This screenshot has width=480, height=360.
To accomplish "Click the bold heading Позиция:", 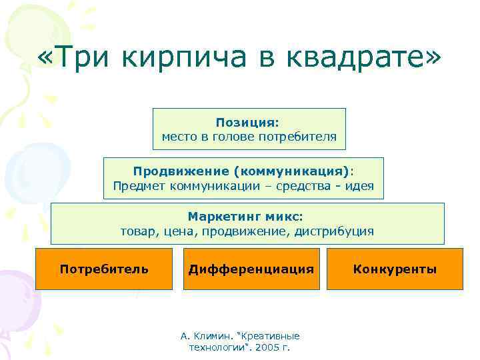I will (248, 123).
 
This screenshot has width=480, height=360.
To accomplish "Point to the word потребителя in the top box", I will (301, 137).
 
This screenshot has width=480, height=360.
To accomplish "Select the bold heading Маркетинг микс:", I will (245, 217).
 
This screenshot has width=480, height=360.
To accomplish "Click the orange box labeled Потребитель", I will (103, 269).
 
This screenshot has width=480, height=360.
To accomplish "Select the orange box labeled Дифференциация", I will (251, 269).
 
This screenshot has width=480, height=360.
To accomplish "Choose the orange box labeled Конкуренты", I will (395, 269).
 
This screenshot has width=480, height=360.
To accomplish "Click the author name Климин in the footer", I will (211, 336).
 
